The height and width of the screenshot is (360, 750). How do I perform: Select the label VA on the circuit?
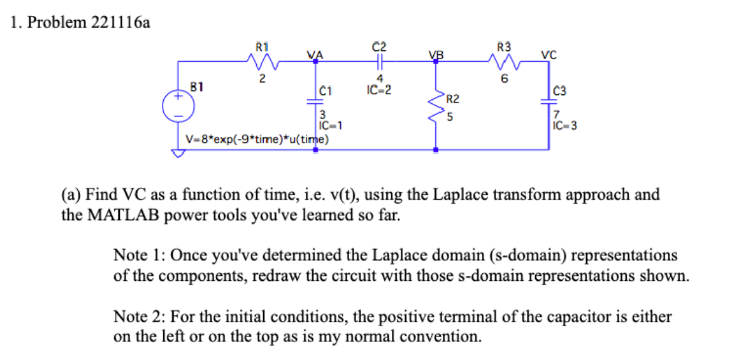coord(315,55)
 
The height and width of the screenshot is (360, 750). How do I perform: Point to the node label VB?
coord(435,55)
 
